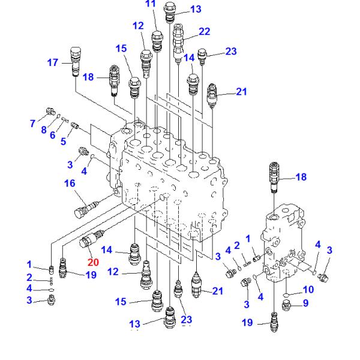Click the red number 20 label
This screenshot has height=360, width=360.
pos(92,262)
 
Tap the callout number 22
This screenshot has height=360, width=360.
pos(205,31)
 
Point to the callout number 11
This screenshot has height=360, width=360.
pos(151,4)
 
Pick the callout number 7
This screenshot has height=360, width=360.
pos(33,124)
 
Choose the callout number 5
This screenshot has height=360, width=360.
pos(64,142)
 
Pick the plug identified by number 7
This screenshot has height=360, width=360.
pos(52,111)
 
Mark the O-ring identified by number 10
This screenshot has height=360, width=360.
pos(287,294)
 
